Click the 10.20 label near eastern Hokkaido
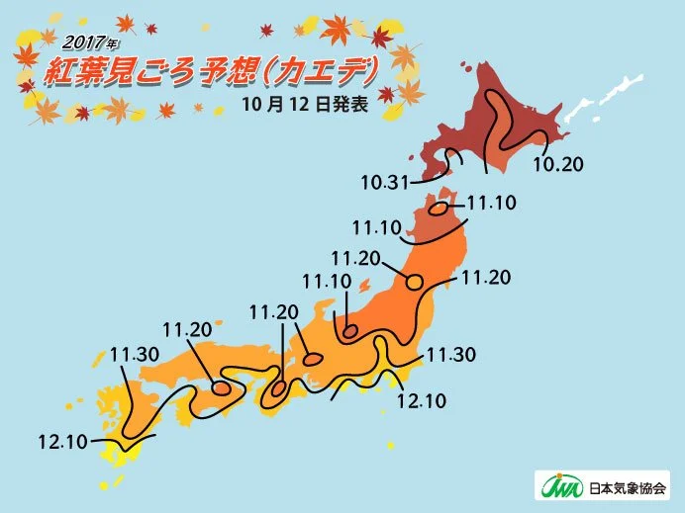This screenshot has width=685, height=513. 558,164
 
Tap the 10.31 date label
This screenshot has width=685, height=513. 385,183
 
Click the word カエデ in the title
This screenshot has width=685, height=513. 333,70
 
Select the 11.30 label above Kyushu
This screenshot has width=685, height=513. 134,353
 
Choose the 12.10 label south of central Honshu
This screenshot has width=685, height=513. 421,400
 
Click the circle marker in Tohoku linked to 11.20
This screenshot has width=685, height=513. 414,281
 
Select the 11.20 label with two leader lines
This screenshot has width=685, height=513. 274,312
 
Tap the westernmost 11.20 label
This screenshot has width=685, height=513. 187,329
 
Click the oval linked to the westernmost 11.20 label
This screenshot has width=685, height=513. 222,388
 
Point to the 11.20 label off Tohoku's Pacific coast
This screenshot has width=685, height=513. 486,278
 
